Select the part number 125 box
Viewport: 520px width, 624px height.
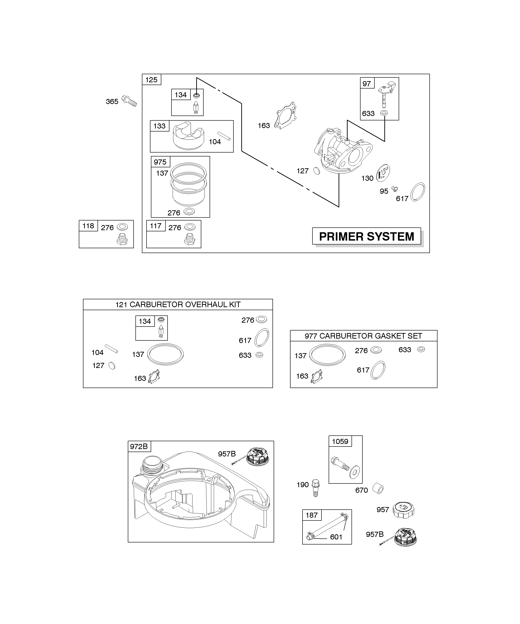coord(152,80)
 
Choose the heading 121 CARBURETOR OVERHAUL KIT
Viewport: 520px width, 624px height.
coord(178,305)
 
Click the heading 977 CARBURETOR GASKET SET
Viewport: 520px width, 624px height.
coord(363,336)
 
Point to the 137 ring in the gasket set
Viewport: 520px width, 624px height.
coord(327,355)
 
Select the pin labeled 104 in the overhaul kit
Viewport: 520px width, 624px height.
coord(111,349)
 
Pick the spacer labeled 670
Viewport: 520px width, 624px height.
coord(378,488)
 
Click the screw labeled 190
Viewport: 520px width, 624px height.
coord(315,488)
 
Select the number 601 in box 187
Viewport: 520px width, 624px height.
coord(336,537)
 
